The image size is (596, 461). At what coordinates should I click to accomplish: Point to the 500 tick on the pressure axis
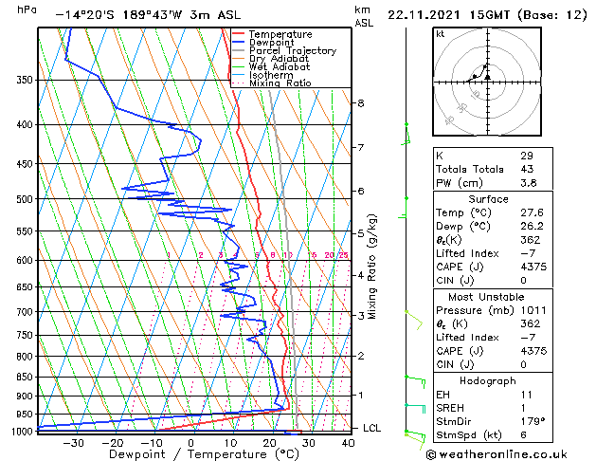pos(24,199)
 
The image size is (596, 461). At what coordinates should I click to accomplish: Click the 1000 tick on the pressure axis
pos(21,431)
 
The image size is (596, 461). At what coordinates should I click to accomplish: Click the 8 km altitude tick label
pos(361,102)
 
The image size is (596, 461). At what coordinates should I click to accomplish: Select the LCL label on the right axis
pos(371,429)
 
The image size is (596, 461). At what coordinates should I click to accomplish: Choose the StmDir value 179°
pos(531,420)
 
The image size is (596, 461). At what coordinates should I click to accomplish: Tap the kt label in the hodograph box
pos(440,34)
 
